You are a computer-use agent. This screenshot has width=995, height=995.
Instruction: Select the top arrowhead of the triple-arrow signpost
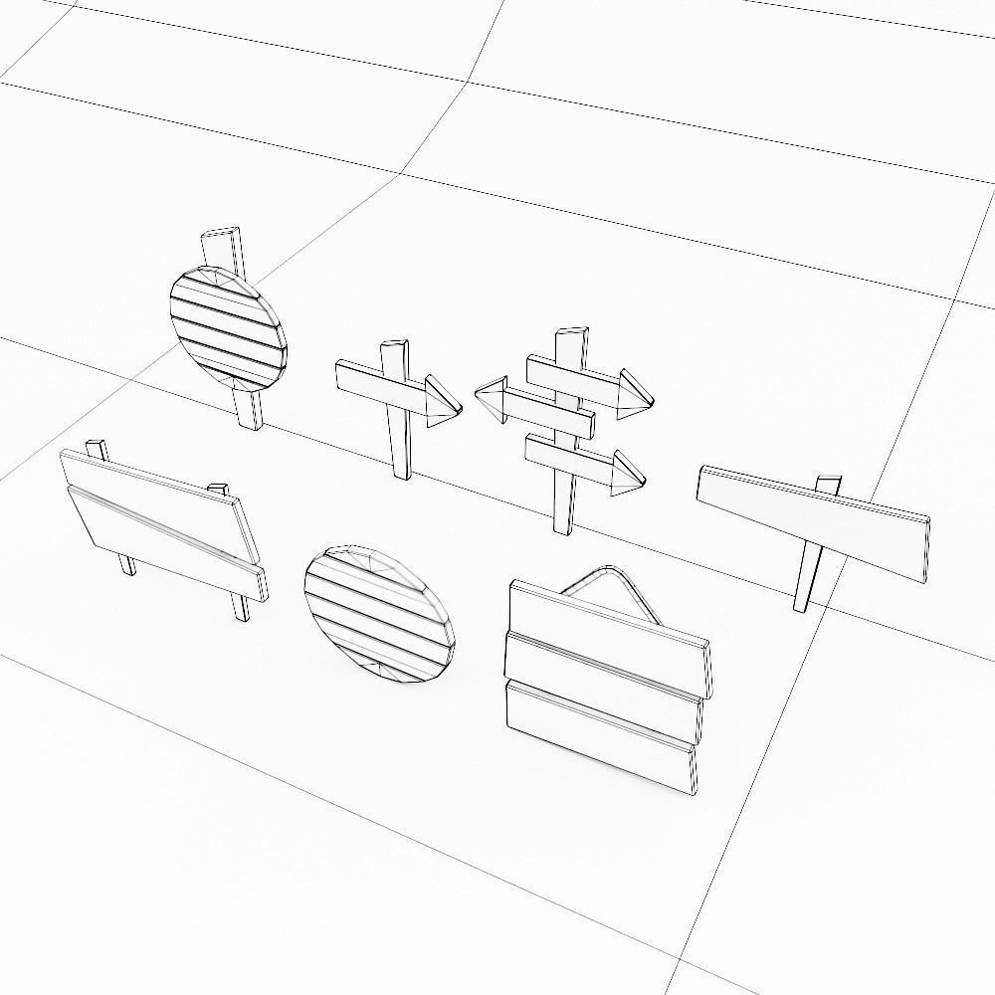(x=633, y=394)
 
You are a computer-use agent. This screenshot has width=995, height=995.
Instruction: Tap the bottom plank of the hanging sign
(x=600, y=737)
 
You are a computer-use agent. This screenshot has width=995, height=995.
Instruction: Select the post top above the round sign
(x=221, y=250)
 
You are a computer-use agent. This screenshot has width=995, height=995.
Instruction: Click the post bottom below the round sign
(x=250, y=411)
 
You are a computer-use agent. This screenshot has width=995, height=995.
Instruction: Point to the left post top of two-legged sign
(x=97, y=448)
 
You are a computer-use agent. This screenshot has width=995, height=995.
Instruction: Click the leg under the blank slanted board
(x=806, y=581)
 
